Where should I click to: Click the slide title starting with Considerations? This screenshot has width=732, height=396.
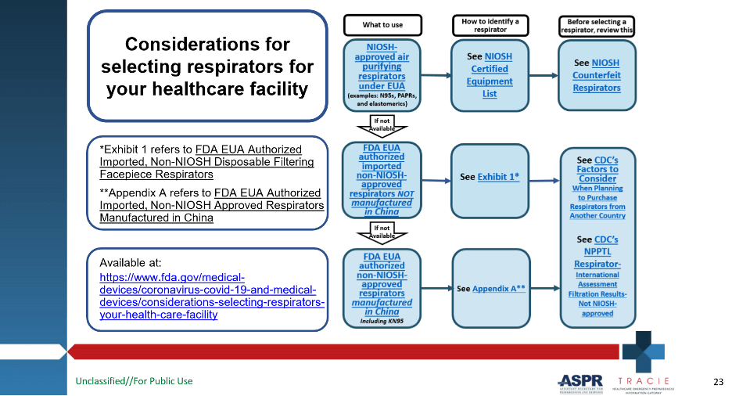tap(207, 67)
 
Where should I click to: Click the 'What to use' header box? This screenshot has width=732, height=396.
tap(382, 25)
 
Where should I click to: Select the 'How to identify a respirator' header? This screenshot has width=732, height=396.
tap(490, 25)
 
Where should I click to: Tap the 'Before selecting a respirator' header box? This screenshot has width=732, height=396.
tap(597, 25)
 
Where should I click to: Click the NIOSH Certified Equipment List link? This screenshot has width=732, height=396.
tap(490, 75)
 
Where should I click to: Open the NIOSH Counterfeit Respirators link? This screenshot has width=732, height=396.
tap(596, 75)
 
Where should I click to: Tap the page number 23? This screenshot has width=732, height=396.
tap(718, 381)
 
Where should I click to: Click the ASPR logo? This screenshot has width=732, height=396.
tap(580, 382)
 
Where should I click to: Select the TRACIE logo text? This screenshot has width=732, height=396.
tap(644, 380)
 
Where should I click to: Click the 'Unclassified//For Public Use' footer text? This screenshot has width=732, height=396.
tap(134, 381)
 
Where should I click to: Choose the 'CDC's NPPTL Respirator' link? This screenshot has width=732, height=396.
tap(597, 250)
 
